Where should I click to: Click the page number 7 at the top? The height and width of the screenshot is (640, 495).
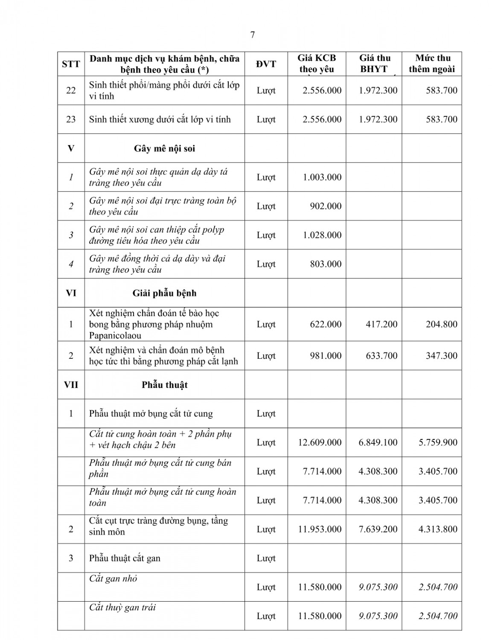coord(253,35)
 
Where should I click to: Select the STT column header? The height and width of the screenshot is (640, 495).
coord(71,64)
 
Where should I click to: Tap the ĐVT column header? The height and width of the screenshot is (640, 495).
coord(266,64)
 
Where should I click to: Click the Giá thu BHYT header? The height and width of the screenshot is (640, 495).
coord(374,64)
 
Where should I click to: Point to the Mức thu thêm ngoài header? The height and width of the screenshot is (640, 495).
coord(432,64)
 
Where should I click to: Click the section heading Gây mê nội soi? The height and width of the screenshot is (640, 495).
coord(164,148)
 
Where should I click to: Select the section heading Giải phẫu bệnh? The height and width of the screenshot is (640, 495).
coord(164,293)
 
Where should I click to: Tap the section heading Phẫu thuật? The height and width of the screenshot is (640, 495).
coord(164,385)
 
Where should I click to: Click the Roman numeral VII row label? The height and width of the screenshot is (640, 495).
coord(71,385)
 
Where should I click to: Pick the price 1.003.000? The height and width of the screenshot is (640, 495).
coord(322,177)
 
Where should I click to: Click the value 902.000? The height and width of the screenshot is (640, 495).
coord(326,206)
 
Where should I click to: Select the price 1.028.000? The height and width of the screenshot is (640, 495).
coord(322,235)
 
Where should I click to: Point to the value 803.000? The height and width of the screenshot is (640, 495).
coord(326,264)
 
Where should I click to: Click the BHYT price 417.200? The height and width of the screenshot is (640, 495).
coord(381,324)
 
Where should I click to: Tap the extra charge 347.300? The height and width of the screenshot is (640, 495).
coord(441,356)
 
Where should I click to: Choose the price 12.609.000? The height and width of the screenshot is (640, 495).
coord(320,442)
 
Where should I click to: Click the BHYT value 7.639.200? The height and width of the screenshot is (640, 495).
coord(378,529)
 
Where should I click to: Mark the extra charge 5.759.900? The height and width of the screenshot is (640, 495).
coord(438,442)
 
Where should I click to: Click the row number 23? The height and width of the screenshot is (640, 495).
coord(71,119)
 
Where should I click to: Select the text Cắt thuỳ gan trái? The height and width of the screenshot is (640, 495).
coord(122,608)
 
